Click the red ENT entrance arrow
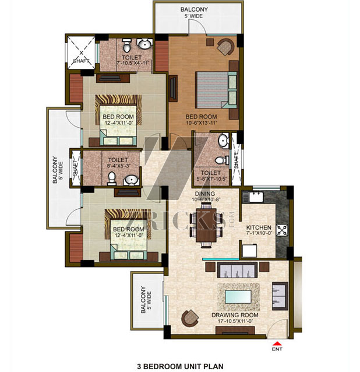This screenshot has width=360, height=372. point(277,343)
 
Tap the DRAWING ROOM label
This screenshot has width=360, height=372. point(235,315)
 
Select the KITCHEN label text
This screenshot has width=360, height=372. point(259,227)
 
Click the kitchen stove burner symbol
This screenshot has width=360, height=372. point(282,230)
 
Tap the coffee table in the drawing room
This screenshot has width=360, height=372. point(238,297)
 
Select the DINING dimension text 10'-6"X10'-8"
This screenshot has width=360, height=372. point(206,199)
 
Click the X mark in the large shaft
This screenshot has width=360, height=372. point(82,53)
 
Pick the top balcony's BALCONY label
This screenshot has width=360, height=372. point(194,9)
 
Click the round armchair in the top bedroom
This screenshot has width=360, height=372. point(225,47)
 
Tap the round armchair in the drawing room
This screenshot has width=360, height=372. point(190,318)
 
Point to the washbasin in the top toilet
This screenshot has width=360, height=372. point(144,44)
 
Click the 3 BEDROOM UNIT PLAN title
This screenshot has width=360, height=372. point(180,366)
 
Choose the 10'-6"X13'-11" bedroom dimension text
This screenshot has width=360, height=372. point(201,122)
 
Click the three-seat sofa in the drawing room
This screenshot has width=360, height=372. point(237,270)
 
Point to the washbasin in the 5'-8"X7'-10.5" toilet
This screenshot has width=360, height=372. point(223,140)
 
